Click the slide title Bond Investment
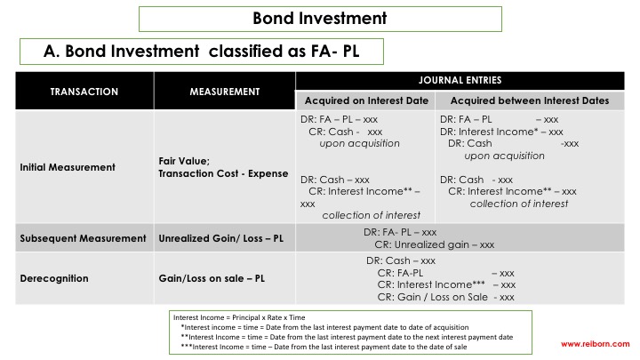320,18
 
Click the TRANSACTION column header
84,92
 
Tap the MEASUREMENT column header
224,92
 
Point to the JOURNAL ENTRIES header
460,81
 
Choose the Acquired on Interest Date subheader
365,100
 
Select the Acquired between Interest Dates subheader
530,100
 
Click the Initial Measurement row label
68,166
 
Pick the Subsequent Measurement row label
83,238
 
